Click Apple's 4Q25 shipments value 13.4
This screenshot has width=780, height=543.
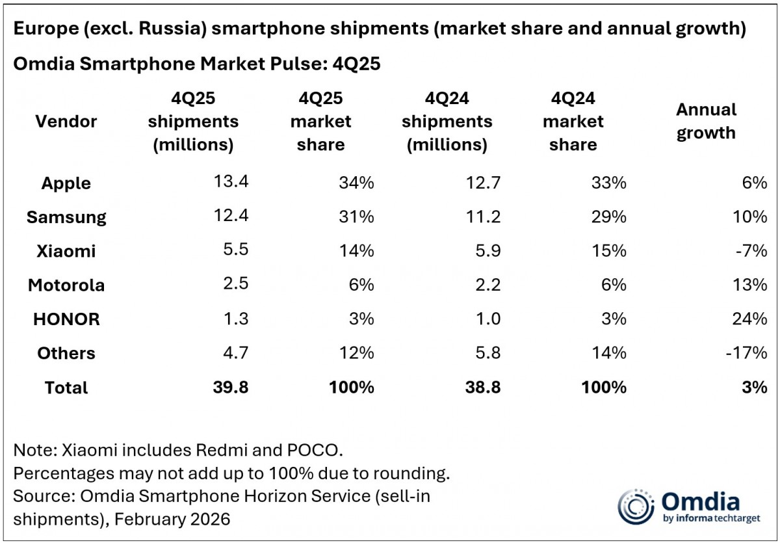(231, 182)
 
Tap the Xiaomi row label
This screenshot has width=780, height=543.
(66, 251)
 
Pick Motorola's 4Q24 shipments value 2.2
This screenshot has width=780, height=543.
(484, 285)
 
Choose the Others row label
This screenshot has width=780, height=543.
(66, 353)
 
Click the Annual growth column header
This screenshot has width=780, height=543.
(706, 121)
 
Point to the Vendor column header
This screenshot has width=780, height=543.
(66, 121)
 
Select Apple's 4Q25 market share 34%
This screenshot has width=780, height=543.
(356, 183)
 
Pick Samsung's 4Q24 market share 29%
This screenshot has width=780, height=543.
(608, 217)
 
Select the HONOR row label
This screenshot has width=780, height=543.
(66, 319)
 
